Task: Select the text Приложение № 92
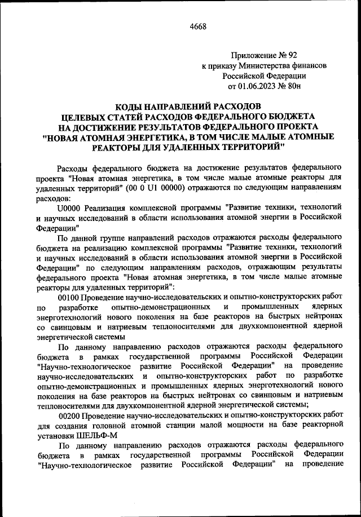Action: (263, 55)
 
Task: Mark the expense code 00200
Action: (69, 415)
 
